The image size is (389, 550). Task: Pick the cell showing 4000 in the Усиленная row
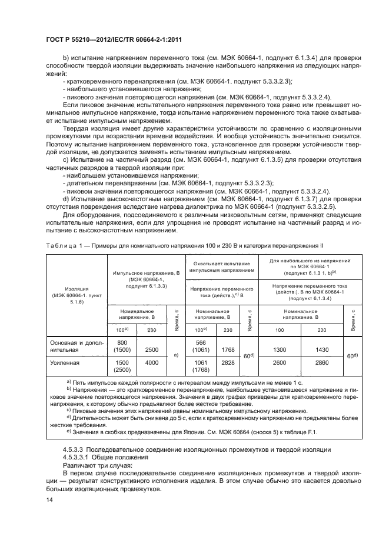pyautogui.click(x=152, y=363)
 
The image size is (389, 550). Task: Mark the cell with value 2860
pyautogui.click(x=321, y=363)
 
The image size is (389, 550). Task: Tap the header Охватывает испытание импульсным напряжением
pyautogui.click(x=221, y=266)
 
